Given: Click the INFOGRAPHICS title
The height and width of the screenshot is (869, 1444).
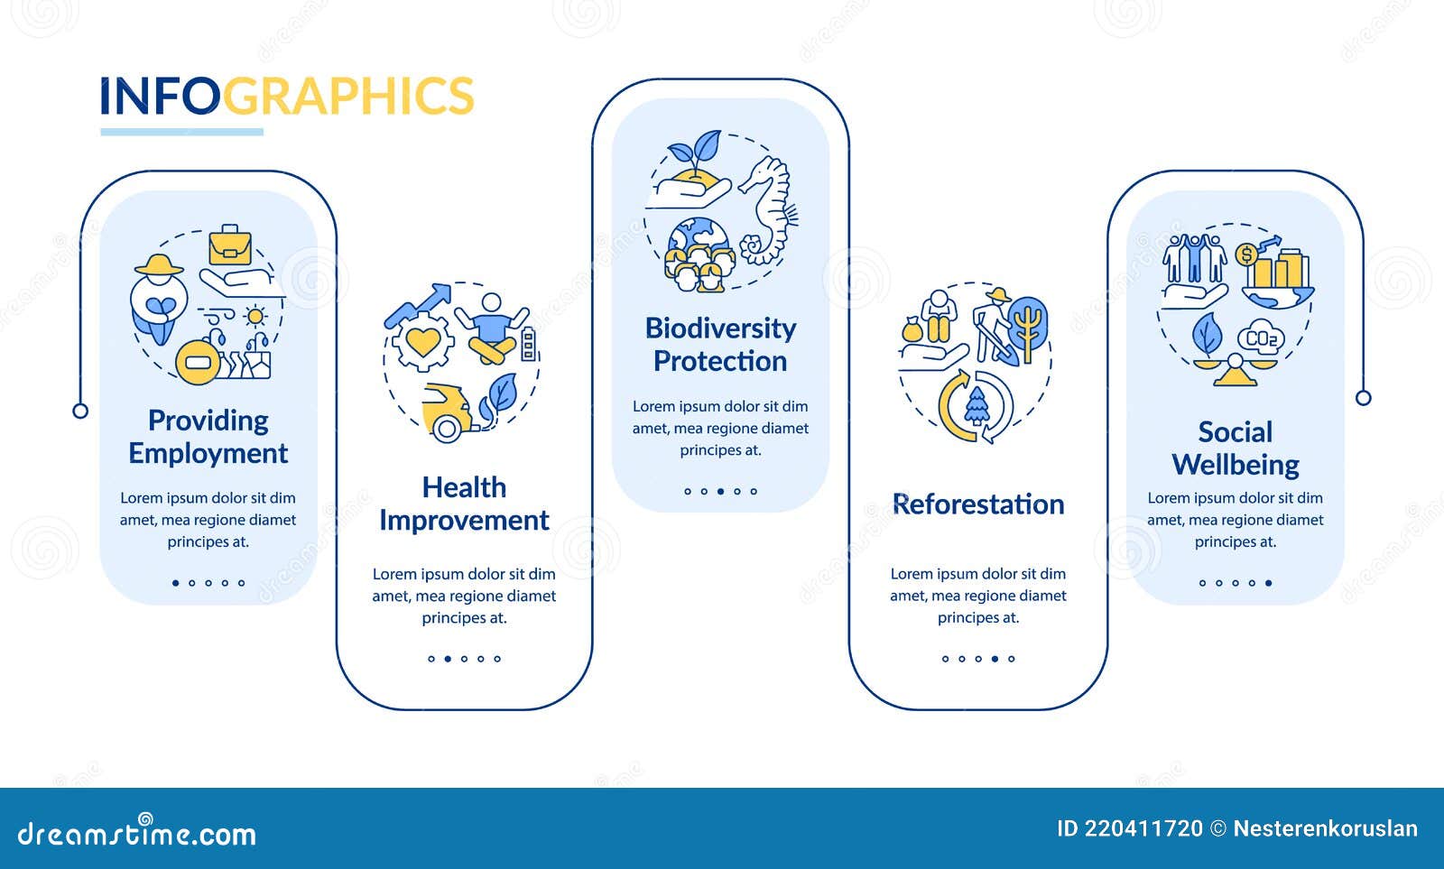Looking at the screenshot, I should point(286,96).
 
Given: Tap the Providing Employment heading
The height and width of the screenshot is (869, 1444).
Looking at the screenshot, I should point(208,437).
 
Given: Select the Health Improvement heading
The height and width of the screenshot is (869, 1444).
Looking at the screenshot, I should point(464,504).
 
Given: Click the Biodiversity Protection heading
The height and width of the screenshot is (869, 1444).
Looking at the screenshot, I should point(720,345).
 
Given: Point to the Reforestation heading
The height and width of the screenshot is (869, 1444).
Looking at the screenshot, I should point(978,504).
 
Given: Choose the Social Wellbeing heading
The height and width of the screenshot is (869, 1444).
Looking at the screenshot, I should point(1235,448).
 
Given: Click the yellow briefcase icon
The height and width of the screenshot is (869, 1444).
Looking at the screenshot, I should point(230,245).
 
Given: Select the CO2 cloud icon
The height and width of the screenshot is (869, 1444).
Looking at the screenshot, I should point(1261,338).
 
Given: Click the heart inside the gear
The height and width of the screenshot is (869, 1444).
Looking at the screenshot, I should point(422,342).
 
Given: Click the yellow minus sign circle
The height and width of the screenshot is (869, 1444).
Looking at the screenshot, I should point(198,363).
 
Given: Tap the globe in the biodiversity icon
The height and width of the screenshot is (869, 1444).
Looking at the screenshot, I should point(697,239).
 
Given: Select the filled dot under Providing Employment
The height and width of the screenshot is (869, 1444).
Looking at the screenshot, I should point(175,583).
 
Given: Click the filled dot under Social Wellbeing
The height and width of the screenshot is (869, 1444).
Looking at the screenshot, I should point(1268,583).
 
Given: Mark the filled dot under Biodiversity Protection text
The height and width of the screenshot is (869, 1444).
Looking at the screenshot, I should point(720,492).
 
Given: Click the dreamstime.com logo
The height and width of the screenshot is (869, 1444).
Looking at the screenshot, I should point(137,835).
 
